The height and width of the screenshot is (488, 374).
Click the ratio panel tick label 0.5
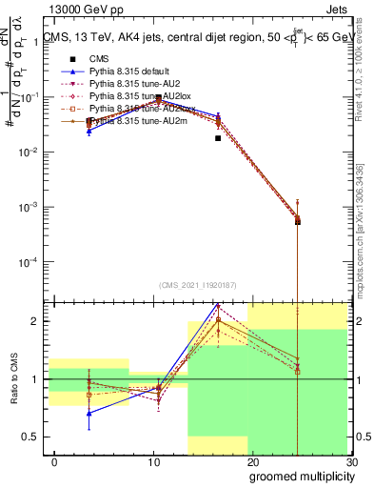32,437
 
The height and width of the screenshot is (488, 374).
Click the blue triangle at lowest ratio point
89,413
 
